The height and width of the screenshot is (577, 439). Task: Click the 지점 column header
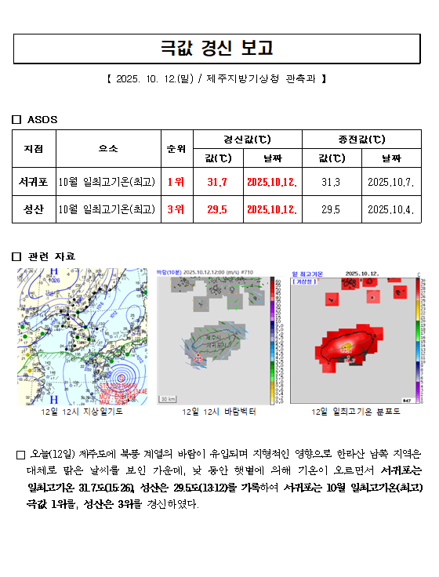coord(34,148)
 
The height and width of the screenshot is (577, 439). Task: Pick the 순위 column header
coord(176,148)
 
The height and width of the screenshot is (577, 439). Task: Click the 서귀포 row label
coord(34,183)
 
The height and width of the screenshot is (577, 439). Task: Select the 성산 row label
coord(34,209)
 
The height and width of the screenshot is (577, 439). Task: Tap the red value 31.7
coord(217,183)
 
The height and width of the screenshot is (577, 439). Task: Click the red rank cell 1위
coord(176,183)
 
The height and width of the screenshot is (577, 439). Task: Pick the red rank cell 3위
coord(176,209)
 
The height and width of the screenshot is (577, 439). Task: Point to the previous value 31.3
coord(330,183)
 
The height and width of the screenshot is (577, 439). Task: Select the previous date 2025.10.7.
coord(390,183)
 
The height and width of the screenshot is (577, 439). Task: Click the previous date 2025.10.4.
coord(390,209)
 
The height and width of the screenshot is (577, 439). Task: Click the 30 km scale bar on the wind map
coord(169,399)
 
